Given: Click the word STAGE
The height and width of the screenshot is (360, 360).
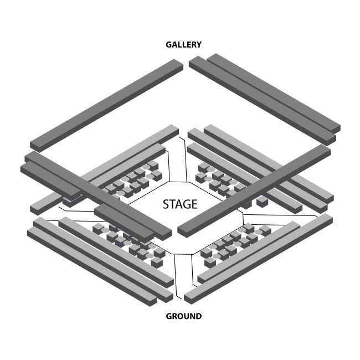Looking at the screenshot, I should click(179, 204).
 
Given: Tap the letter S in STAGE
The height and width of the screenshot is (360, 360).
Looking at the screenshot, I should click(166, 204).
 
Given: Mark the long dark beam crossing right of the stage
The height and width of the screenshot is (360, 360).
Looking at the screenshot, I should click(255, 188).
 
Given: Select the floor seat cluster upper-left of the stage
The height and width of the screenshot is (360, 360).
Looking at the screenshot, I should click(133, 180).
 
